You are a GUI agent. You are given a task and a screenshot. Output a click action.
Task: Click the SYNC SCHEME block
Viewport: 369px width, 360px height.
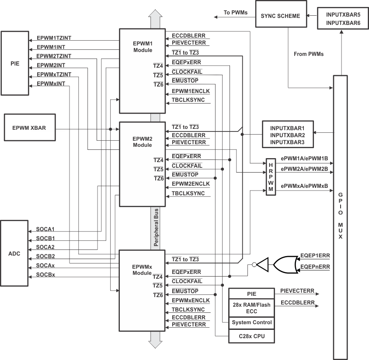(x=280, y=16)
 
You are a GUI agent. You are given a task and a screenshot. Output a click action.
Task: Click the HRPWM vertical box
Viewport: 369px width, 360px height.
(x=271, y=177)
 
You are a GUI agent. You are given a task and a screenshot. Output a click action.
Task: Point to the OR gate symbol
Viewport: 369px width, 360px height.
(x=285, y=264)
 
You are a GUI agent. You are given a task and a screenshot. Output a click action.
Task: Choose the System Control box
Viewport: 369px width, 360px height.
(x=251, y=322)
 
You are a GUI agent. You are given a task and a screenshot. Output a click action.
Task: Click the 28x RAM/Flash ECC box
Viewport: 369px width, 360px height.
(x=251, y=307)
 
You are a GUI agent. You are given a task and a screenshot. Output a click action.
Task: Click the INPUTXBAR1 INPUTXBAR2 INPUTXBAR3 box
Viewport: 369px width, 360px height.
(x=287, y=135)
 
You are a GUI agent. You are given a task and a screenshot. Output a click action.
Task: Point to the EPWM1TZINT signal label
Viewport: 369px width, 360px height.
(x=54, y=38)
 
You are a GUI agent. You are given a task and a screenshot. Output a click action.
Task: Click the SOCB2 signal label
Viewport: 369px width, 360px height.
(x=45, y=256)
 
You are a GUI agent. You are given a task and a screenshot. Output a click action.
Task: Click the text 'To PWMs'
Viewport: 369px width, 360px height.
(x=236, y=13)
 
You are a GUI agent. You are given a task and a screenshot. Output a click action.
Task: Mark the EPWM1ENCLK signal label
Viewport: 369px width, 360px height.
(x=191, y=91)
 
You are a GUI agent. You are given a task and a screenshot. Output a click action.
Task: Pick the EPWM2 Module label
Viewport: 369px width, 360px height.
(x=142, y=142)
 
